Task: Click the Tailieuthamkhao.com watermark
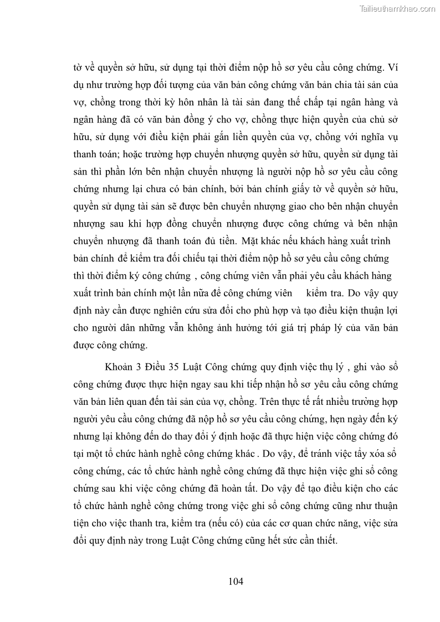coord(398,8)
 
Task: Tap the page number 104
coord(236,581)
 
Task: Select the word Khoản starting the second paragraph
coord(118,367)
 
